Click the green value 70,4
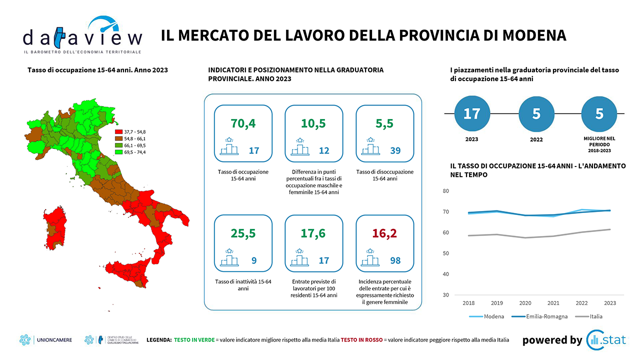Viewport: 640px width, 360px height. tap(242, 123)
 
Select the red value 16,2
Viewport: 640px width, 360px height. tap(384, 233)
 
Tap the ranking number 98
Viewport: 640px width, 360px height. tap(395, 260)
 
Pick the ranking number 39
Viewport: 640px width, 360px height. tap(395, 150)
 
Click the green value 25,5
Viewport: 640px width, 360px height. tap(242, 233)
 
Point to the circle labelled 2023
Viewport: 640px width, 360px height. tap(471, 113)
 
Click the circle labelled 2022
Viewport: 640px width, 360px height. tap(536, 113)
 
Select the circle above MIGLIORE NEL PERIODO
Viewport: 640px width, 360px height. tap(599, 113)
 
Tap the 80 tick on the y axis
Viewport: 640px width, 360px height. tap(446, 191)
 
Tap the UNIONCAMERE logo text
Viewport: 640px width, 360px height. tap(54, 340)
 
